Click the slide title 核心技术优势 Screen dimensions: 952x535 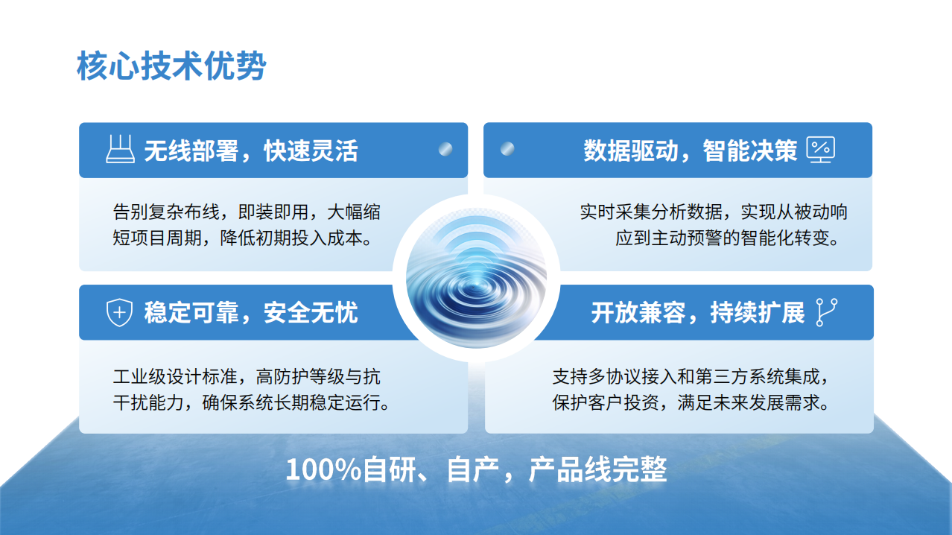[x=171, y=66]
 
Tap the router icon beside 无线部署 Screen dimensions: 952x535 [x=120, y=149]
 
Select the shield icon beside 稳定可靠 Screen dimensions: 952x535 [x=119, y=312]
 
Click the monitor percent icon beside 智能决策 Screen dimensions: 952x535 [x=821, y=149]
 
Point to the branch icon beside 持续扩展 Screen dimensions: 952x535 [x=827, y=312]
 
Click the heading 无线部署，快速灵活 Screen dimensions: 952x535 [x=251, y=151]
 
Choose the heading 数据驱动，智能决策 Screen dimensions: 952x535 [x=691, y=151]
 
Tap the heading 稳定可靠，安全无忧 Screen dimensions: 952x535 [x=251, y=312]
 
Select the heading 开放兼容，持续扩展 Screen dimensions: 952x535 [x=698, y=312]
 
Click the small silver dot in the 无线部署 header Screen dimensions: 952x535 [x=445, y=149]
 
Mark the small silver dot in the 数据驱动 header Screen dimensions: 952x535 [x=507, y=149]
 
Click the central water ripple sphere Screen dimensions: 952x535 [x=476, y=278]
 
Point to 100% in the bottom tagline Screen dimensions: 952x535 [x=324, y=469]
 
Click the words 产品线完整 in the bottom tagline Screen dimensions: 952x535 [x=597, y=469]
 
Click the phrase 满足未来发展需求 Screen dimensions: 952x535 [x=749, y=402]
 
